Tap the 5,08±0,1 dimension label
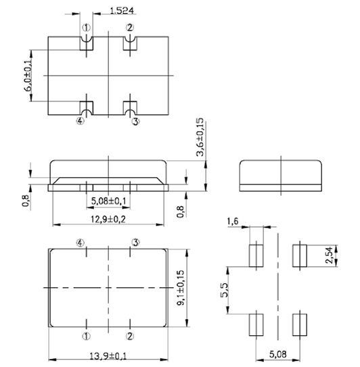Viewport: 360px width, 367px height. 108,201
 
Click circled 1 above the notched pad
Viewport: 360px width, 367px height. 87,28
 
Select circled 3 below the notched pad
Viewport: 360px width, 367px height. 135,122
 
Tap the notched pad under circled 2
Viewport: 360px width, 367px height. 130,42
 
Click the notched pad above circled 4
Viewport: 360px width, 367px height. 87,107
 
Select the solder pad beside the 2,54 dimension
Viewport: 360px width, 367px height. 298,255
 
